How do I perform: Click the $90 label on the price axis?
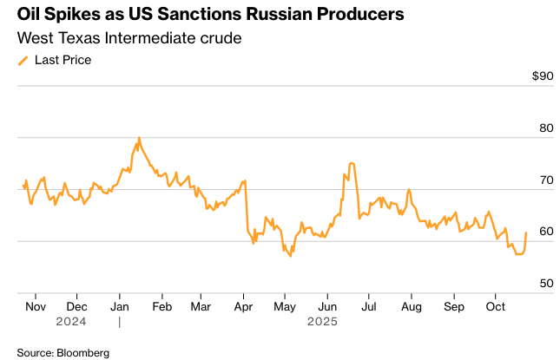coord(542,76)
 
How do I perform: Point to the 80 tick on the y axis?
coord(544,128)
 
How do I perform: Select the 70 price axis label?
coord(544,180)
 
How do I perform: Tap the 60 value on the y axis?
coord(544,232)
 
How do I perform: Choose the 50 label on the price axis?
coord(544,284)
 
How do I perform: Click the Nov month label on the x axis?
coord(36,306)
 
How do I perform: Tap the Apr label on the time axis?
coord(243,306)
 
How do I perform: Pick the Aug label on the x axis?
coord(411,306)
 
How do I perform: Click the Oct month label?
coord(495,306)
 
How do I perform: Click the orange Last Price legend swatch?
coord(23,61)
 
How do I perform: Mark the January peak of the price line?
coord(139,137)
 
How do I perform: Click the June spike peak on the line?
coord(350,163)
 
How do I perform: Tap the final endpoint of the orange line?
coord(526,232)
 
